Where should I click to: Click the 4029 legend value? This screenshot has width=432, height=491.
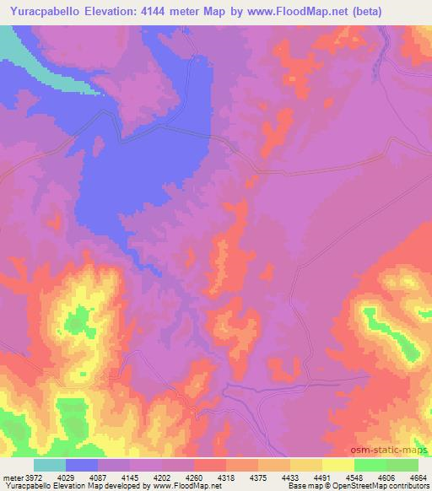point(65,477)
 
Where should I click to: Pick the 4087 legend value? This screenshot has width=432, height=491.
point(98,477)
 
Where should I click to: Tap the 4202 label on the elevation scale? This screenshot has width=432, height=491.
point(163,477)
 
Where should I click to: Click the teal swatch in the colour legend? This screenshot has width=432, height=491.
point(50,465)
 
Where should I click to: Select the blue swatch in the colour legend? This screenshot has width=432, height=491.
point(82,465)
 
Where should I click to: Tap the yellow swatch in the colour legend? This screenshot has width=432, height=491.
point(338,465)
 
